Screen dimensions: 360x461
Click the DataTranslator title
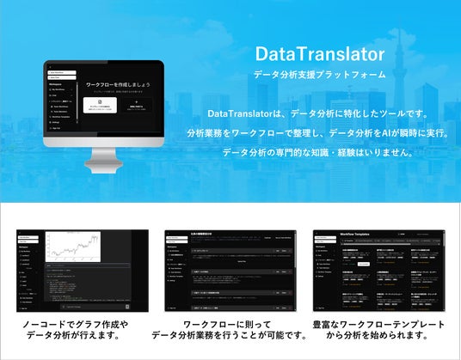[319, 54]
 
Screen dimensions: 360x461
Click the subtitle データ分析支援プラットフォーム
[319, 75]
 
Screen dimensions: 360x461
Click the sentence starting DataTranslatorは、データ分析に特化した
[318, 114]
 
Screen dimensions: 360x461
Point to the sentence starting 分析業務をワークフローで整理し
[318, 133]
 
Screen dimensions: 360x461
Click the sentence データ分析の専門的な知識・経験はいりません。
[318, 152]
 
